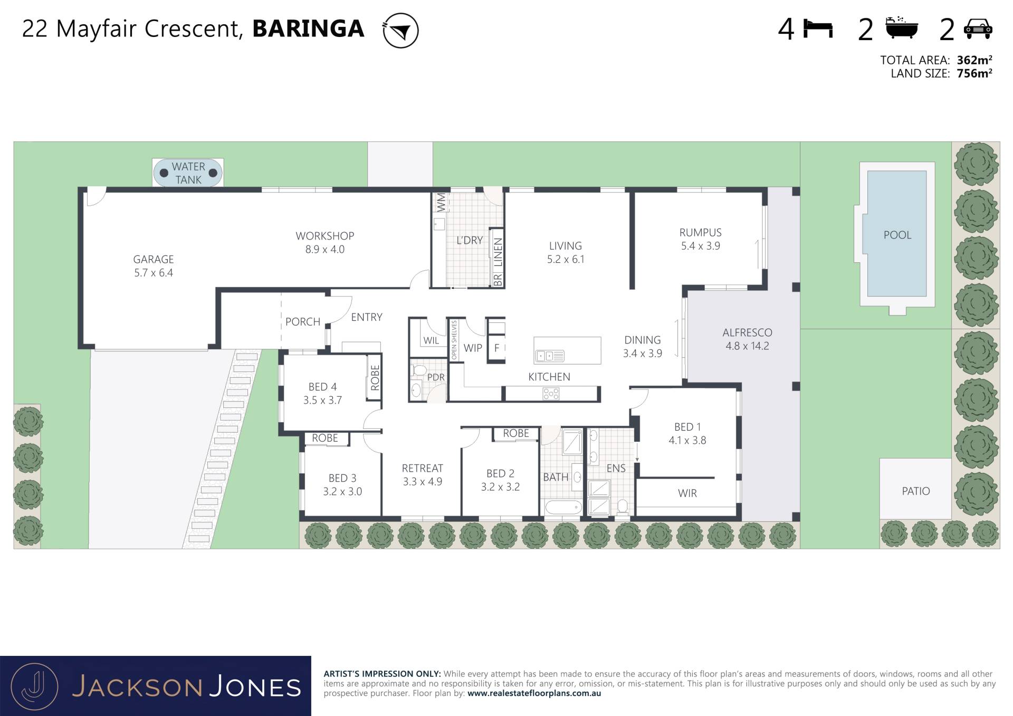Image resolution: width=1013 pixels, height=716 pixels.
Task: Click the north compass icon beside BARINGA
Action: [x=400, y=31]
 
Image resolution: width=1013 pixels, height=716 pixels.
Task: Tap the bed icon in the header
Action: [x=818, y=28]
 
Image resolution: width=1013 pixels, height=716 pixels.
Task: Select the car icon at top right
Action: [x=978, y=29]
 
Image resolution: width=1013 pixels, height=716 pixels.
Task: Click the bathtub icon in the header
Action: [x=902, y=27]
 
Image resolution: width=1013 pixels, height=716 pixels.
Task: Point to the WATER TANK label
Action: [x=188, y=173]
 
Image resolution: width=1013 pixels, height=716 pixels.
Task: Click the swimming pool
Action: [x=897, y=233]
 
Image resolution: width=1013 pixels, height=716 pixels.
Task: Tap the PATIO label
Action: [x=916, y=491]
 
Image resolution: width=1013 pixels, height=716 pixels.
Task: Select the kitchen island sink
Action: [x=550, y=356]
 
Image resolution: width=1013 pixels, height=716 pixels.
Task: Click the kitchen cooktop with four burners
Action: [x=551, y=394]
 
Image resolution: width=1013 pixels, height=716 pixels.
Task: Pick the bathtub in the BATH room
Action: [x=563, y=508]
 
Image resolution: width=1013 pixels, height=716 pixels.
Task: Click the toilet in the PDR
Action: [x=420, y=369]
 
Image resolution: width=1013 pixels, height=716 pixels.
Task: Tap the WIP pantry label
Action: [x=473, y=348]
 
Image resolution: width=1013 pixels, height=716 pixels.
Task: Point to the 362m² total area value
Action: [x=974, y=60]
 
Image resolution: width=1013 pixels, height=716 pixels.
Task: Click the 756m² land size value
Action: [x=974, y=74]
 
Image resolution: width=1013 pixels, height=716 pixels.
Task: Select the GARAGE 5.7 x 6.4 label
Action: [x=154, y=266]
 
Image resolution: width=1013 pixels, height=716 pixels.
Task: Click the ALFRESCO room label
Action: [x=747, y=332]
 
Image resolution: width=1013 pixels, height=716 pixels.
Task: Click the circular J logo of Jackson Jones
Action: [x=35, y=686]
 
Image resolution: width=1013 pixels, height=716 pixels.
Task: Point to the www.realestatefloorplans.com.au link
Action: [x=534, y=693]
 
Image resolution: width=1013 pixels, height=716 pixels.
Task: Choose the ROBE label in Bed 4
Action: [x=375, y=378]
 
